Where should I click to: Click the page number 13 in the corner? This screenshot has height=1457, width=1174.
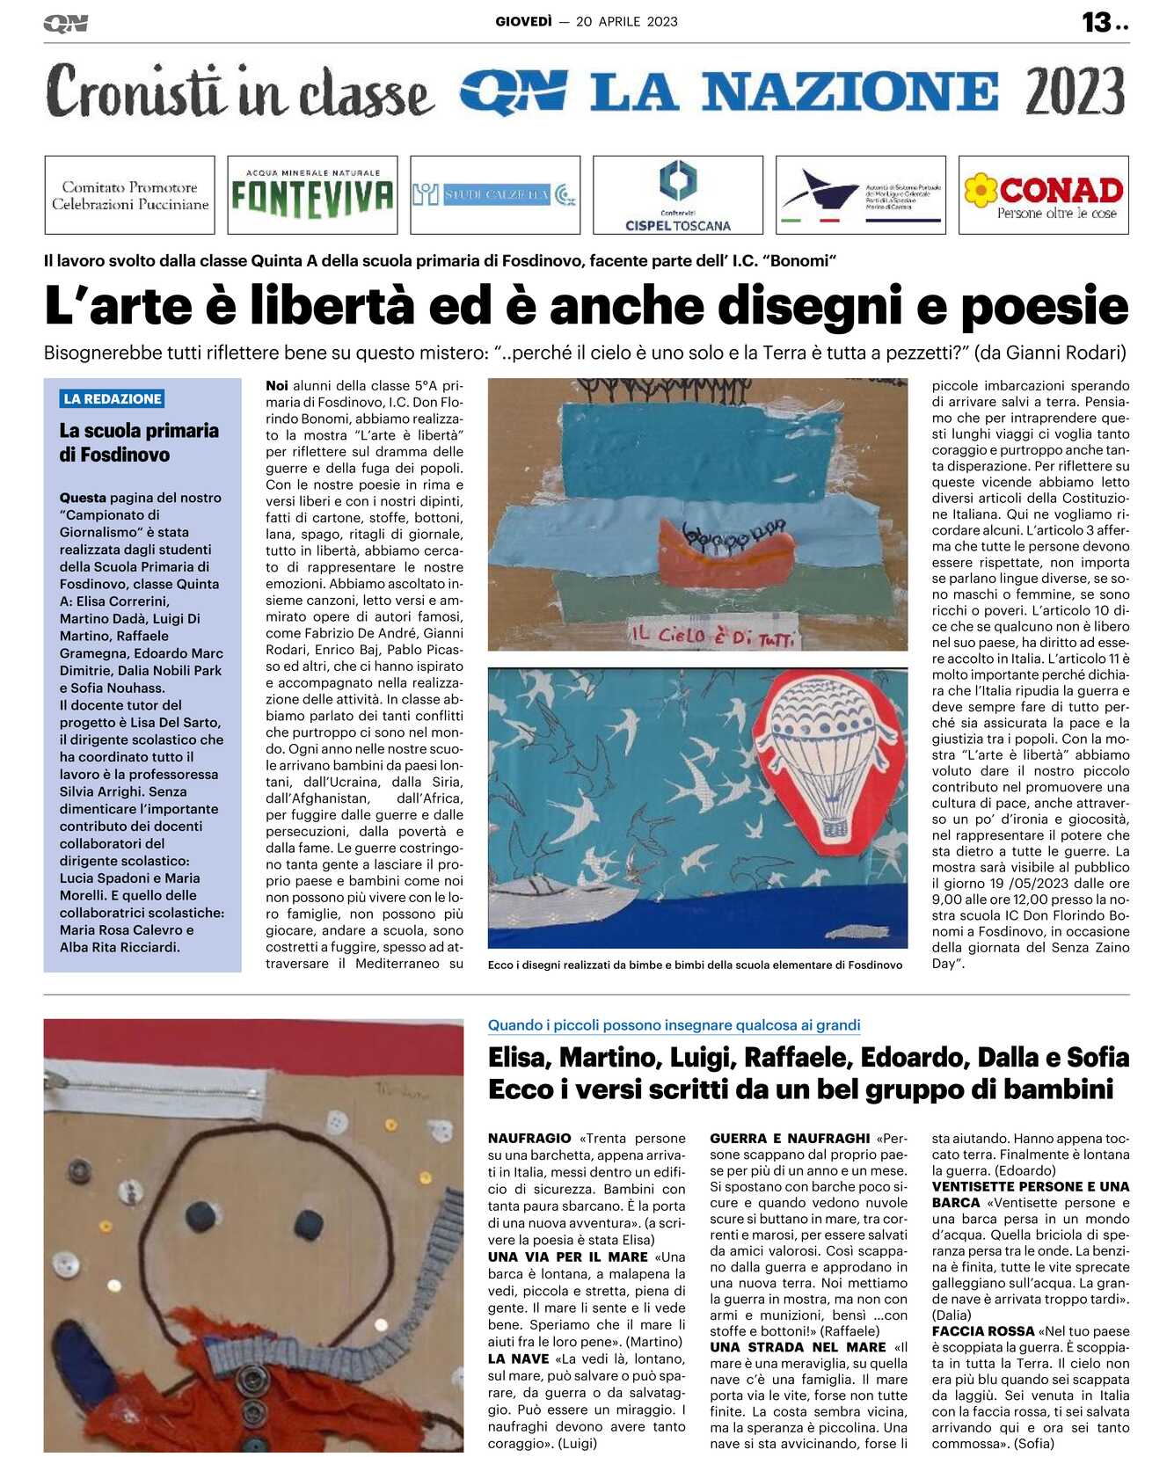[1097, 22]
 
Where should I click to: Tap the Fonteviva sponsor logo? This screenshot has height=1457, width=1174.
[312, 195]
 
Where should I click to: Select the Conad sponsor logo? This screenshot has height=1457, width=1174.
[1044, 195]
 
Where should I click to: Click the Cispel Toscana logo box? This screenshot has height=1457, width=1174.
[678, 195]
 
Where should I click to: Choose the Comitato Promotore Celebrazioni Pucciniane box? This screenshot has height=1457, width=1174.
[130, 195]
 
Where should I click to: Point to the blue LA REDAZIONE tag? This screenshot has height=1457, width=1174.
[113, 399]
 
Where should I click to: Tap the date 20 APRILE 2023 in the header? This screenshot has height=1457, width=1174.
[627, 22]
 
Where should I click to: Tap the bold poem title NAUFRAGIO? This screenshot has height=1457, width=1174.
[529, 1139]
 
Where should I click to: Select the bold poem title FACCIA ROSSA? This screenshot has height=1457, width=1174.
[982, 1331]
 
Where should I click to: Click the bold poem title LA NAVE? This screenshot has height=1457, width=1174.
[518, 1359]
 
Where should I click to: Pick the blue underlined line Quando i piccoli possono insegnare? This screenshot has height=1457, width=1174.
[674, 1025]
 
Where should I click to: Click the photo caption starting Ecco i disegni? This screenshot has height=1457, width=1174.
[695, 965]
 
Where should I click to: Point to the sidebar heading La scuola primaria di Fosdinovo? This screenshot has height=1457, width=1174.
[139, 442]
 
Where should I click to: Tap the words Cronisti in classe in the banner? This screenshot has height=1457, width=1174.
[239, 91]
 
